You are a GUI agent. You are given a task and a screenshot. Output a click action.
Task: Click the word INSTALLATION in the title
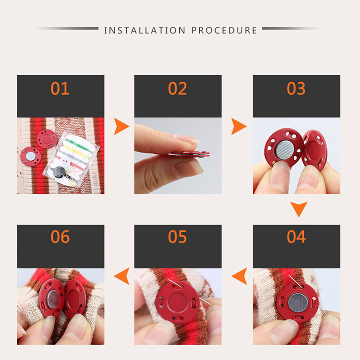(x=144, y=30)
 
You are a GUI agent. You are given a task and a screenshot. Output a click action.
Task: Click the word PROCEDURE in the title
(x=224, y=30)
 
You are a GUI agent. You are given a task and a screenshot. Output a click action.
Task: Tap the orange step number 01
(x=60, y=88)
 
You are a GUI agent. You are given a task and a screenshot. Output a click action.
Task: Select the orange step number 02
(x=177, y=88)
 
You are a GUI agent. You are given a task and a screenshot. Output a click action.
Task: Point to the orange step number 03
(x=296, y=88)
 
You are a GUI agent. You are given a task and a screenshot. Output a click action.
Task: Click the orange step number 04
(x=296, y=237)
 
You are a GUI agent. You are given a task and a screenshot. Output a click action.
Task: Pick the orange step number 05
(x=177, y=237)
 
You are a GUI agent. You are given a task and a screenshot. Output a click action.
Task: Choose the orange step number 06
(x=60, y=237)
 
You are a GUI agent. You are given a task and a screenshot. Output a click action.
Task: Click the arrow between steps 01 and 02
(x=121, y=126)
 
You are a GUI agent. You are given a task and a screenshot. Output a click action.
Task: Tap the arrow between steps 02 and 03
(x=238, y=126)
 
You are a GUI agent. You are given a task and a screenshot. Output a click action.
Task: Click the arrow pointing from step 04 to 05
(x=240, y=276)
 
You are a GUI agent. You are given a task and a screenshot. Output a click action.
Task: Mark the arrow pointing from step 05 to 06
(x=122, y=276)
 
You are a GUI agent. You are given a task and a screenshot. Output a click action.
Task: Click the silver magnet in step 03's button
(x=284, y=150)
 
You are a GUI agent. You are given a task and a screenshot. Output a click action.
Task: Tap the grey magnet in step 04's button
(x=297, y=303)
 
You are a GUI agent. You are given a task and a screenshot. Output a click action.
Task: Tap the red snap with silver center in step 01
(x=31, y=156)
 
